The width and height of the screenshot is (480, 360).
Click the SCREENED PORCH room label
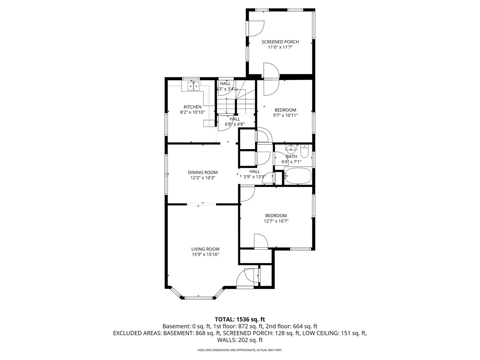pos(280,42)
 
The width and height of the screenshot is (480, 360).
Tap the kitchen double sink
pos(193,86)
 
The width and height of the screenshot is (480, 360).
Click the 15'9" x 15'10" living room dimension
pos(205,254)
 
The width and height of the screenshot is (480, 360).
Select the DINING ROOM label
pos(203,172)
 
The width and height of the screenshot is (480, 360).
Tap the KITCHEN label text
pos(192,107)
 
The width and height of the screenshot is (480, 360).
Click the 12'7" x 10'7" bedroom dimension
pos(276,221)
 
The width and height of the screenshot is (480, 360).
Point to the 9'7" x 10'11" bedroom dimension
pos(285,115)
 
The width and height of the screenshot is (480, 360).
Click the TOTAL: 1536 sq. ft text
pos(240,319)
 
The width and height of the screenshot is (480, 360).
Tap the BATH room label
pos(291,156)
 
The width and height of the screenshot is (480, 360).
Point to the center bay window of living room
pos(198,297)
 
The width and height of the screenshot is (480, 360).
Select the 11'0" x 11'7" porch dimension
pos(280,47)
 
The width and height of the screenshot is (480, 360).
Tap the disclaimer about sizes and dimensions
pos(240,350)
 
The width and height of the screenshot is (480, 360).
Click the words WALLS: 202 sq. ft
pos(240,340)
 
